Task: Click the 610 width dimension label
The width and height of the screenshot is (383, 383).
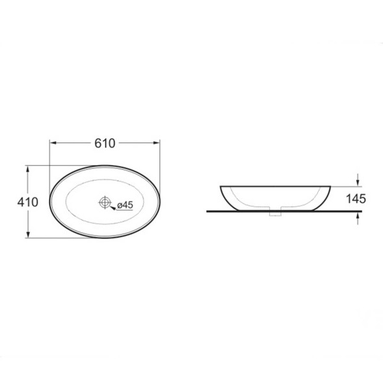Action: coord(105,143)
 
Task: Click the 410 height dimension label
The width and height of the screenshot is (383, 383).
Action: coord(28,202)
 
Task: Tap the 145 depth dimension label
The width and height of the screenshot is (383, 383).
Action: coord(356,198)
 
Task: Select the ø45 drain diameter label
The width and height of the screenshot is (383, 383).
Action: coord(125,205)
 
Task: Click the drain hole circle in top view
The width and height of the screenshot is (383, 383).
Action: coord(105,202)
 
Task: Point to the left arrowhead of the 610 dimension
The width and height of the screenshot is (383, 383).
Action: coord(53,143)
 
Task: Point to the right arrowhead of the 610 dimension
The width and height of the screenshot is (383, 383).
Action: coord(157,143)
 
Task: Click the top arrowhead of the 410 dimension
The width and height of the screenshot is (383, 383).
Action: coord(28,169)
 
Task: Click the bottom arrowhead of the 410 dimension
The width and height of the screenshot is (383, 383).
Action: coord(28,234)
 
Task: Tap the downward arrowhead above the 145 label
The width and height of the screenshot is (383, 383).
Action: coord(358,183)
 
